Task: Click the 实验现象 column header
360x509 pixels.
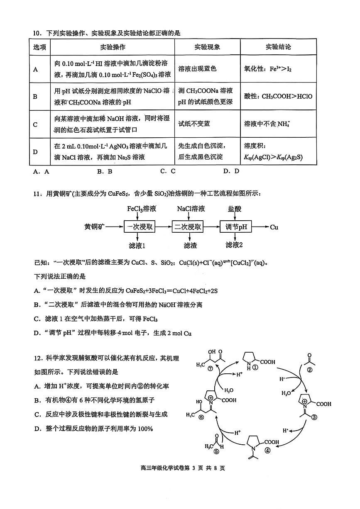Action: pyautogui.click(x=207, y=47)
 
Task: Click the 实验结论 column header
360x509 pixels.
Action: pyautogui.click(x=278, y=47)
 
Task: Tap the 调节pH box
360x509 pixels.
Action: pyautogui.click(x=236, y=227)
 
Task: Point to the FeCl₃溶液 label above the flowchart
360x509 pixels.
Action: pyautogui.click(x=142, y=209)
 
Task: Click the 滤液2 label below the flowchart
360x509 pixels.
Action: pyautogui.click(x=234, y=245)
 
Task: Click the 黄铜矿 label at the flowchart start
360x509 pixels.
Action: pyautogui.click(x=94, y=227)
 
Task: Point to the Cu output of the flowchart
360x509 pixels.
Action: pyautogui.click(x=274, y=227)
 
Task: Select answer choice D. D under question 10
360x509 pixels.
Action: pyautogui.click(x=231, y=171)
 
